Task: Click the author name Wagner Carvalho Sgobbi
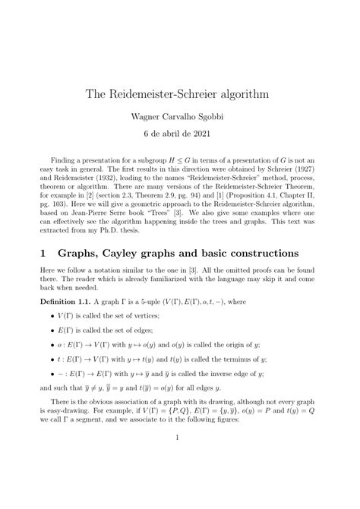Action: pyautogui.click(x=180, y=117)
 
